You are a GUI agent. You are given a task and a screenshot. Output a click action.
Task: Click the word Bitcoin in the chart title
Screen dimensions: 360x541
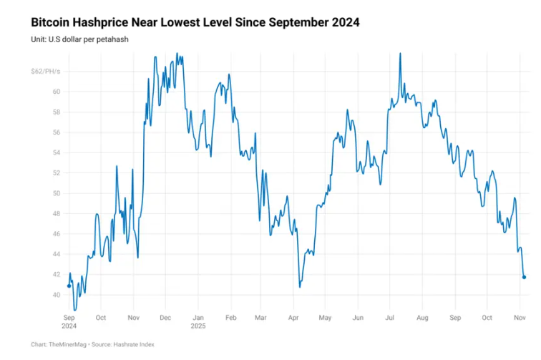point(52,23)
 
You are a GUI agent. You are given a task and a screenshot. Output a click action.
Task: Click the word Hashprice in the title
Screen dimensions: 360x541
point(107,23)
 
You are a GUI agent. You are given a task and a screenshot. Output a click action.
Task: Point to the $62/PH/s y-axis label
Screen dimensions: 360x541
point(44,72)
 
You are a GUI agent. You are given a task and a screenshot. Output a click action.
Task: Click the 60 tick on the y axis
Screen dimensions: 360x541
point(56,92)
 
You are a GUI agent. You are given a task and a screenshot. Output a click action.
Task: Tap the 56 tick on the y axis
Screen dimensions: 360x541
point(56,132)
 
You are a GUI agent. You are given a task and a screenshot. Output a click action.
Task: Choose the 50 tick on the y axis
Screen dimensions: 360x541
point(56,193)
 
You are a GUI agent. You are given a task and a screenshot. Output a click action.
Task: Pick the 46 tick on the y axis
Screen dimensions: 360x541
point(56,234)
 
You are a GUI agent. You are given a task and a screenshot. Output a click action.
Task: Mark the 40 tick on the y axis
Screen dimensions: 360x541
point(56,295)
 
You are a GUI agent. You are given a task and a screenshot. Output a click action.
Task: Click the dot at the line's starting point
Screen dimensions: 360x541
point(69,286)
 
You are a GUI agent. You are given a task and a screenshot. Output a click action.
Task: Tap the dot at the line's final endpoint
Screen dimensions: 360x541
point(525,277)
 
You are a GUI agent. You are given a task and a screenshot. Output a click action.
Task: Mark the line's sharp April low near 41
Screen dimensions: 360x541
point(300,287)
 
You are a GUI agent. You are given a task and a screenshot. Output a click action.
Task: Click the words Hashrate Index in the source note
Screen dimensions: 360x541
point(136,344)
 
